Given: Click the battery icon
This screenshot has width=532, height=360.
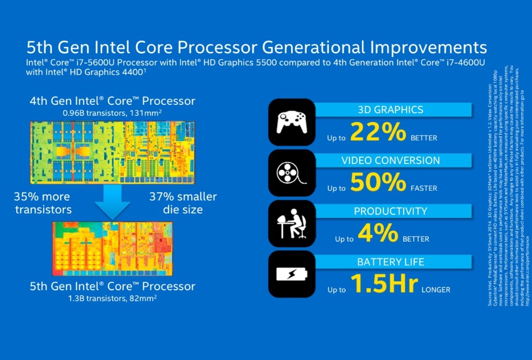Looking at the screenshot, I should pyautogui.click(x=291, y=275).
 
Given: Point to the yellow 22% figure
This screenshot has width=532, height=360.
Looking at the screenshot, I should pyautogui.click(x=377, y=133).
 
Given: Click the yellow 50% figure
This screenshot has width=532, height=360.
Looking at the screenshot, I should pyautogui.click(x=377, y=182).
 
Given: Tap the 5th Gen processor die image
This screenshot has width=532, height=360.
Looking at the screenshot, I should pyautogui.click(x=113, y=248).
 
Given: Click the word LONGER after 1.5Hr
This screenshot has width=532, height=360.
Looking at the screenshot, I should pyautogui.click(x=436, y=289).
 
